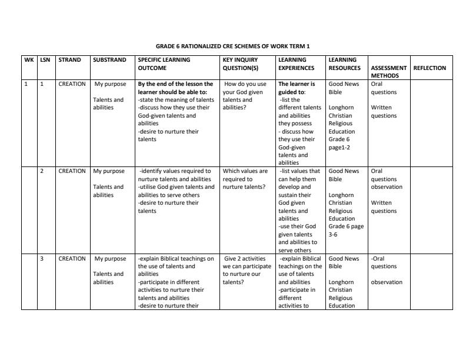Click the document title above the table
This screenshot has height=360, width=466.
(232, 46)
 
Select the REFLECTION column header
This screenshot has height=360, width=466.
(430, 68)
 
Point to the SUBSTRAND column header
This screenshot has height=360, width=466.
(109, 60)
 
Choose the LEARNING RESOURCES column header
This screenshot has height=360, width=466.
(344, 64)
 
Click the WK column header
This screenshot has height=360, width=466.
(29, 60)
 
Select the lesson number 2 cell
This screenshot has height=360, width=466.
(42, 171)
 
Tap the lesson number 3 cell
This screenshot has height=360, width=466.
(42, 258)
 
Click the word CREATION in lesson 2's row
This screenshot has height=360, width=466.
(72, 171)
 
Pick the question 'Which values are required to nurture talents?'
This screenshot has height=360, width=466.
(245, 179)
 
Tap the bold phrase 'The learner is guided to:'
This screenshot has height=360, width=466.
(300, 88)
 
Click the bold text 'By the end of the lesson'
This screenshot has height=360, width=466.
(175, 84)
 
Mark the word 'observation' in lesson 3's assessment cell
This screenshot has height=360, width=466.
(387, 282)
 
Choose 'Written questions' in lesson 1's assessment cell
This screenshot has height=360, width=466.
(384, 112)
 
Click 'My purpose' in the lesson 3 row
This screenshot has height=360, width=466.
(110, 258)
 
